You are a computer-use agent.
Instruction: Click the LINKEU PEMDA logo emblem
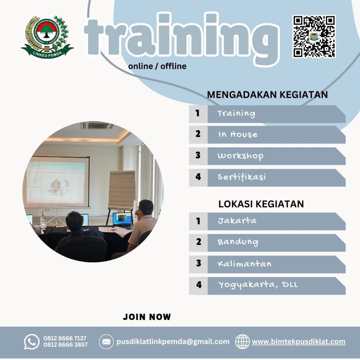click(47, 37)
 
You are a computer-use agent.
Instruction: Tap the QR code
click(314, 36)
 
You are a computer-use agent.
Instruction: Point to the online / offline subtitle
click(157, 66)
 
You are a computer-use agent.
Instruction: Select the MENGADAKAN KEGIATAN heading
click(267, 95)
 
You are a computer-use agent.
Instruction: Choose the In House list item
click(237, 134)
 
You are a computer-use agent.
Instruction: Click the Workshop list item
click(240, 156)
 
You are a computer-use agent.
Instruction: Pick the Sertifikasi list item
click(241, 177)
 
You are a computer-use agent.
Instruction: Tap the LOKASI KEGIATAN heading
click(261, 204)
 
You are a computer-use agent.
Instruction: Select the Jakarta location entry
click(237, 221)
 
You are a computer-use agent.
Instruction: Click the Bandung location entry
click(238, 242)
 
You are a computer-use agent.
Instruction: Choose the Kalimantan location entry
click(244, 264)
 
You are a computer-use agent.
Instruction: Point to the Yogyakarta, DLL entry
click(257, 285)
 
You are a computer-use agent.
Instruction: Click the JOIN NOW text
click(147, 317)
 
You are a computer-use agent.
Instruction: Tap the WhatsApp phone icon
click(32, 341)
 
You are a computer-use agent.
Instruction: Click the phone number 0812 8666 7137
click(65, 338)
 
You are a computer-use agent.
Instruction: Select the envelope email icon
click(106, 341)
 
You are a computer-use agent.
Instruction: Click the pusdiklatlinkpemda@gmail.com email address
click(173, 341)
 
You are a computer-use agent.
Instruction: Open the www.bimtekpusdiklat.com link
click(298, 341)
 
